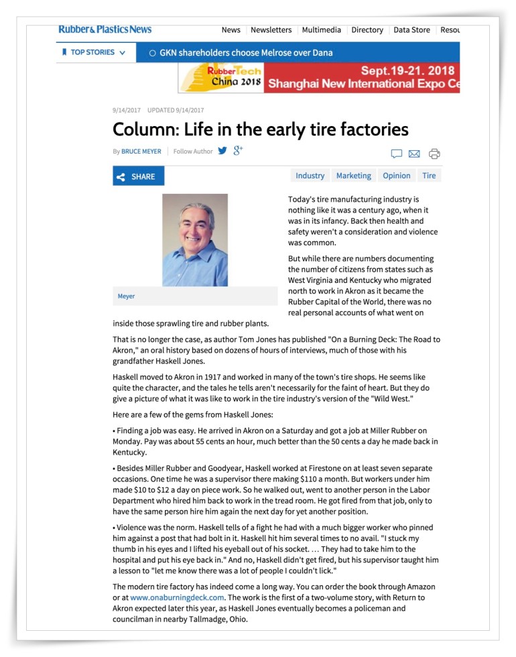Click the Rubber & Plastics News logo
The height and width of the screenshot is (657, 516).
tap(105, 29)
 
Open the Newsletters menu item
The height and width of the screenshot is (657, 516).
tap(271, 30)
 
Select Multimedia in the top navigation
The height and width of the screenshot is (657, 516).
tap(321, 30)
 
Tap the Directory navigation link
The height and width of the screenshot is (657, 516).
tap(367, 30)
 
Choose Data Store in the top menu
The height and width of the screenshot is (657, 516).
tap(411, 30)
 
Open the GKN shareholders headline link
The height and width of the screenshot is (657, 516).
tap(245, 53)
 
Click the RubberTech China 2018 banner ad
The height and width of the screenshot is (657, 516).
tap(319, 78)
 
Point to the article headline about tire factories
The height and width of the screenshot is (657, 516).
tap(260, 129)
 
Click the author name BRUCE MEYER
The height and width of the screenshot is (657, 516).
tap(141, 152)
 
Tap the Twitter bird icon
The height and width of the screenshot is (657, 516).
tap(222, 151)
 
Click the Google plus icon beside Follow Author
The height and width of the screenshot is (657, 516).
tap(238, 151)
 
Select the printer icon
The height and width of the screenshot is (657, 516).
tap(434, 154)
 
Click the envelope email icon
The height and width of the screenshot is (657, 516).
tap(414, 154)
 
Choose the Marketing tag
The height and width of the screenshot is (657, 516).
tap(353, 176)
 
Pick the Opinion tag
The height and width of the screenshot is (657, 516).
tap(396, 176)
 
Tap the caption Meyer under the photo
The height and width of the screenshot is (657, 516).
tap(126, 296)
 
